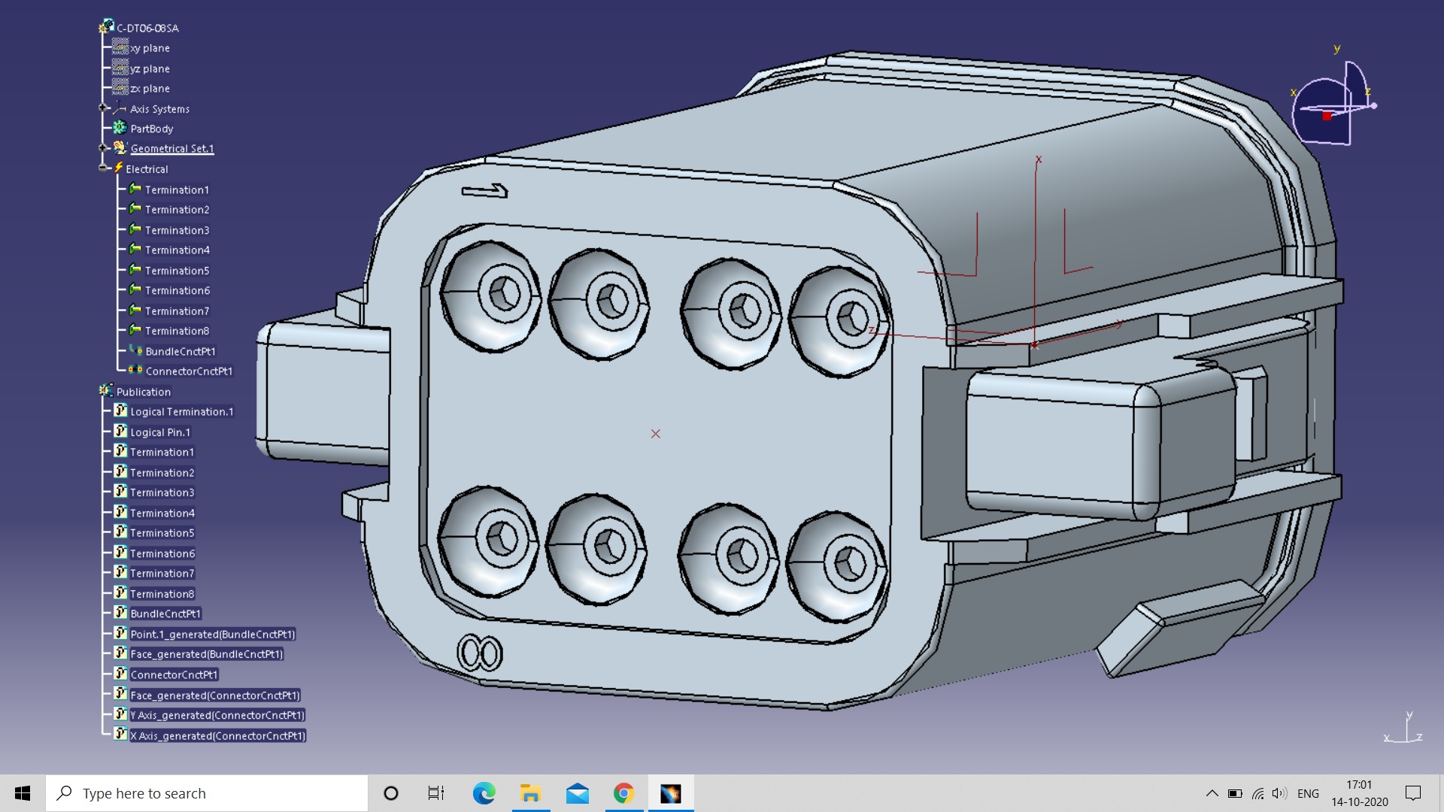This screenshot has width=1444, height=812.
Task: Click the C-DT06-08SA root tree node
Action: (x=147, y=28)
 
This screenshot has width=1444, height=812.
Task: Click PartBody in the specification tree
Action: (x=151, y=129)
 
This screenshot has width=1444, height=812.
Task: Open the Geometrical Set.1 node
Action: (x=171, y=149)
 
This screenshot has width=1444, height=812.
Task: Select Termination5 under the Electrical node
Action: (x=177, y=271)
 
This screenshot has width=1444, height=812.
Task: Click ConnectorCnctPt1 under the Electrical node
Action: (x=188, y=371)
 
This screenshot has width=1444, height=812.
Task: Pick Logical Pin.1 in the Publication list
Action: (x=159, y=432)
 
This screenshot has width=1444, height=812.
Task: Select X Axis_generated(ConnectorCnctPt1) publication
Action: (x=217, y=736)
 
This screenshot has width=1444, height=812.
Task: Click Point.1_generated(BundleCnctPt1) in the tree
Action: (x=212, y=635)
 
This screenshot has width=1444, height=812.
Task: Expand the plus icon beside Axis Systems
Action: (x=103, y=108)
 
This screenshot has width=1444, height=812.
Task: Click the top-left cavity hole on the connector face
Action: (x=503, y=293)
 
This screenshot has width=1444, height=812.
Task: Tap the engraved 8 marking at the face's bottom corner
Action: (x=479, y=653)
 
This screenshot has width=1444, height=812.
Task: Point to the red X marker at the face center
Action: (x=656, y=434)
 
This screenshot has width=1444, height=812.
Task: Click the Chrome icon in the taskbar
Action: (x=623, y=793)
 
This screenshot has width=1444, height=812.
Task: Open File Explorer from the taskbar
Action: (x=530, y=793)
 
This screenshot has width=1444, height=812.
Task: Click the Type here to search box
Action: (x=207, y=793)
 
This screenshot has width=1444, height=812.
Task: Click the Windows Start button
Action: (x=23, y=793)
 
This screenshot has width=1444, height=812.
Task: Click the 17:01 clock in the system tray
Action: (x=1359, y=785)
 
